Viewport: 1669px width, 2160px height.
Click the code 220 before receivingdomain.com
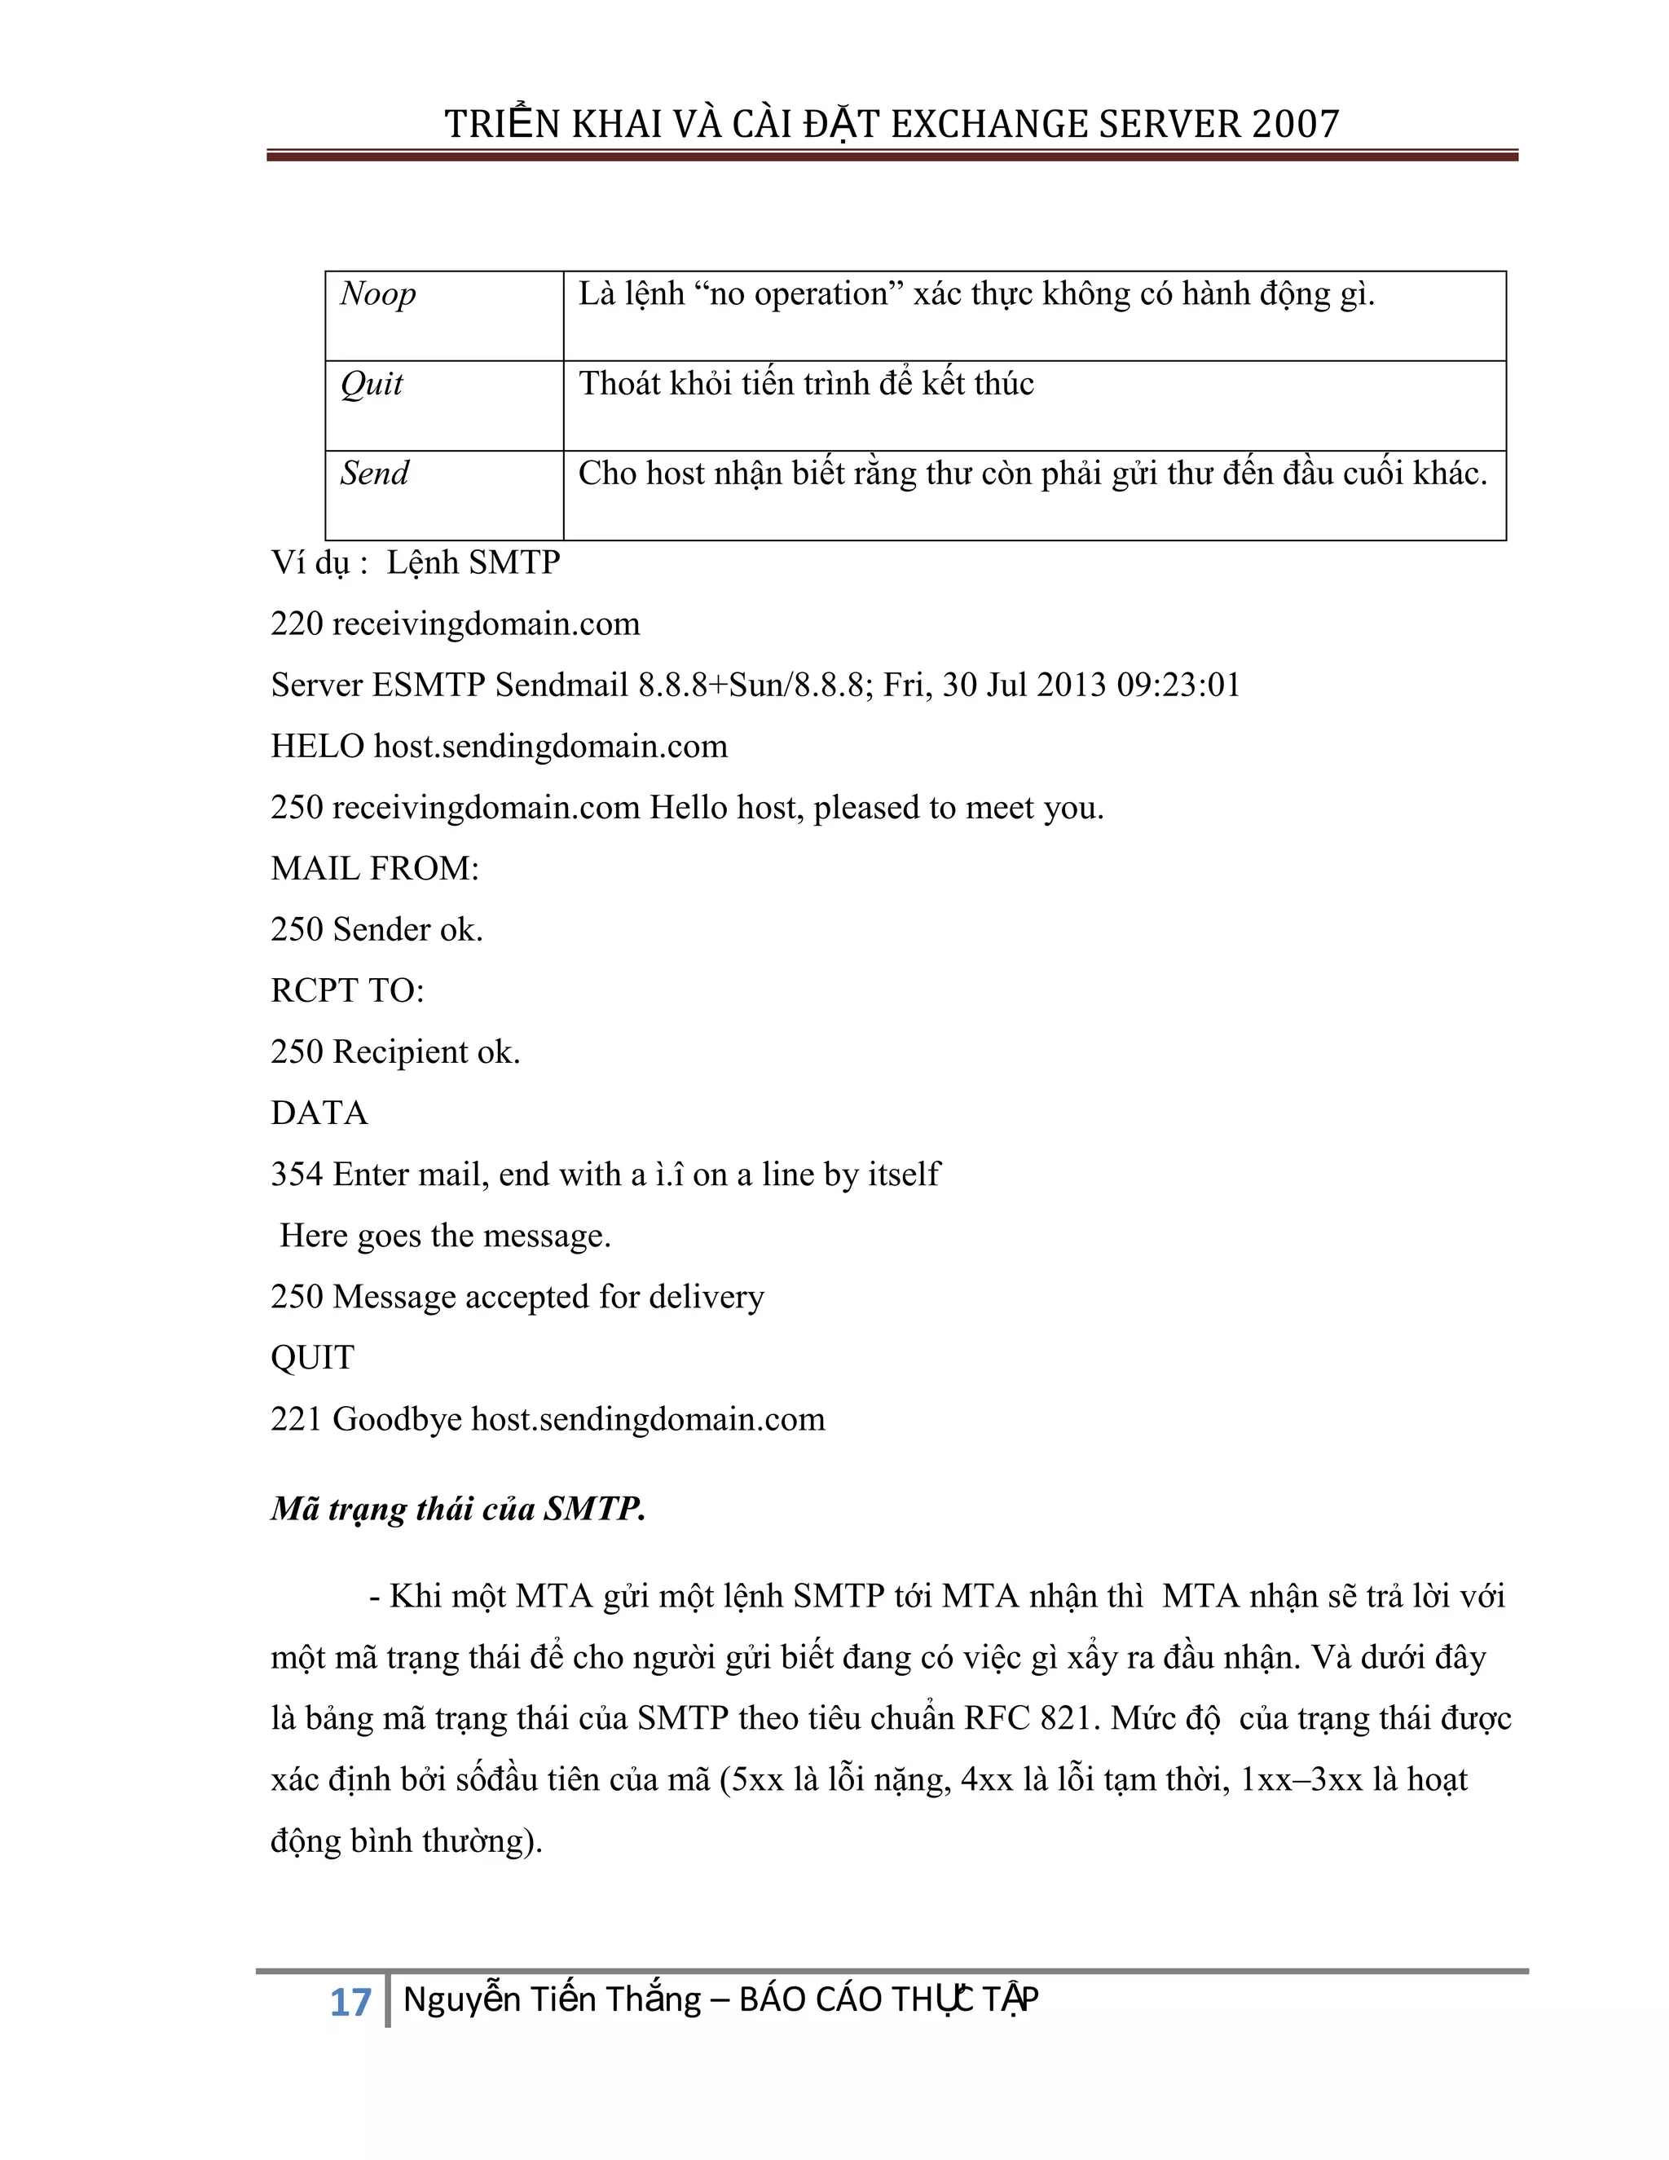point(297,624)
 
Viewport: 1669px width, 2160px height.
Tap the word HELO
point(317,747)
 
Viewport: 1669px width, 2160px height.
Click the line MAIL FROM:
point(375,868)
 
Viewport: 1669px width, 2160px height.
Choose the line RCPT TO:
point(347,991)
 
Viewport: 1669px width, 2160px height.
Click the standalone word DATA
point(319,1113)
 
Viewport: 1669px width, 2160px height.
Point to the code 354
point(297,1175)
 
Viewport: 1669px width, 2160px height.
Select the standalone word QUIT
point(312,1358)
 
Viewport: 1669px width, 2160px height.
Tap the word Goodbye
point(397,1420)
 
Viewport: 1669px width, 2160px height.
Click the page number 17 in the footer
point(349,2003)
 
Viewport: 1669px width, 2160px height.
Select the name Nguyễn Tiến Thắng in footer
point(552,1999)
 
